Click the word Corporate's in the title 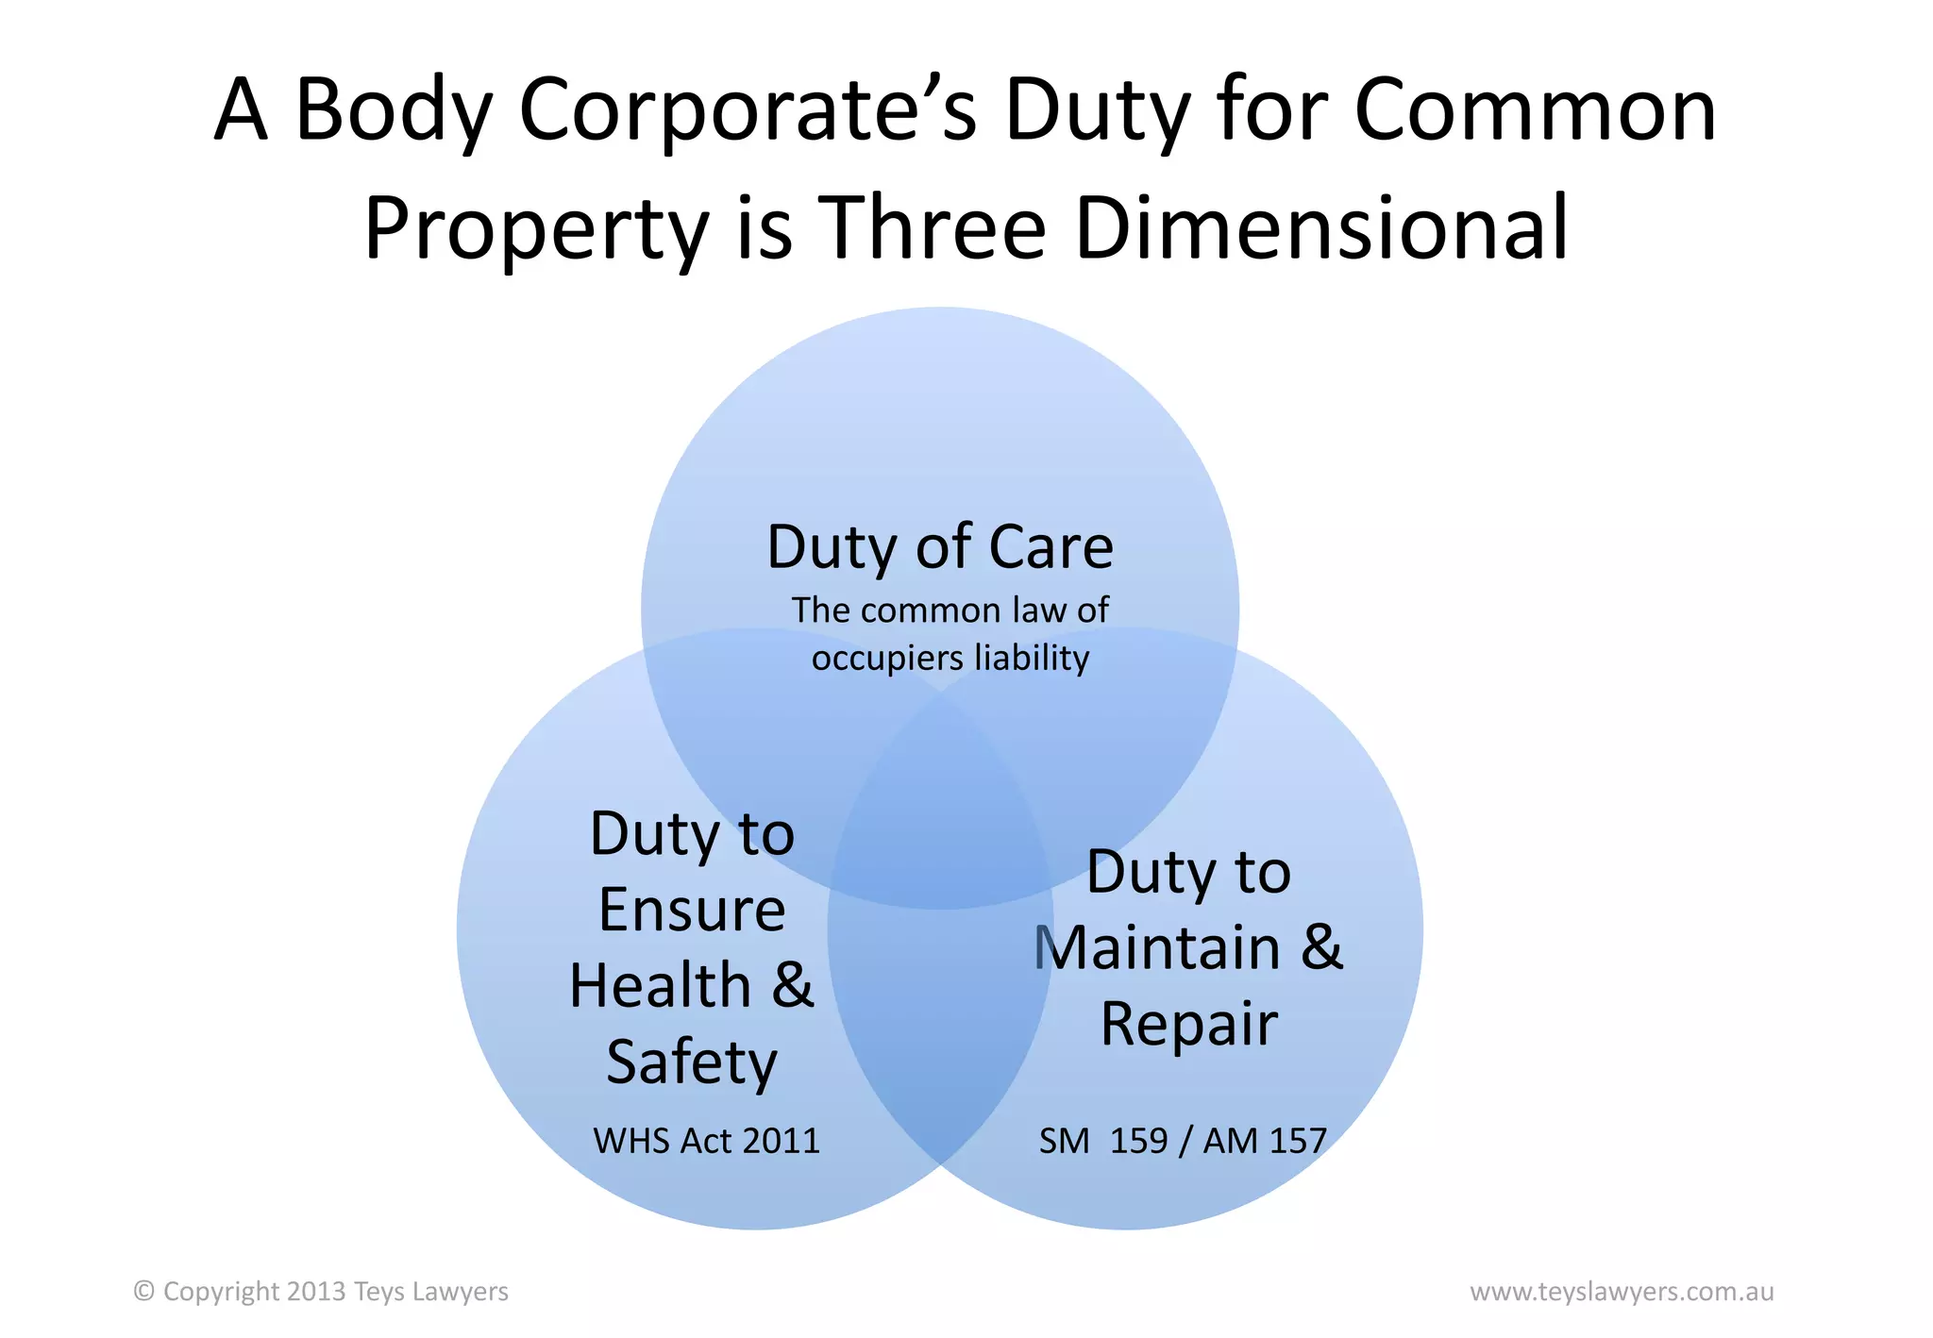point(748,110)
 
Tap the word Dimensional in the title point(1321,227)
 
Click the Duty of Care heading point(940,547)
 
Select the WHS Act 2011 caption point(706,1141)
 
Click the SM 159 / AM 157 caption point(1183,1141)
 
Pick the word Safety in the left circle point(692,1063)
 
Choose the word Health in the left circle point(661,985)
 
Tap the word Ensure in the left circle point(692,910)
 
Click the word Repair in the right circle point(1189,1024)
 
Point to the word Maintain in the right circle point(1158,947)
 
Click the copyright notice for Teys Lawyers point(321,1291)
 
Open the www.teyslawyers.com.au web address point(1622,1291)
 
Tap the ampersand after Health point(793,985)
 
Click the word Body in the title point(394,110)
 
